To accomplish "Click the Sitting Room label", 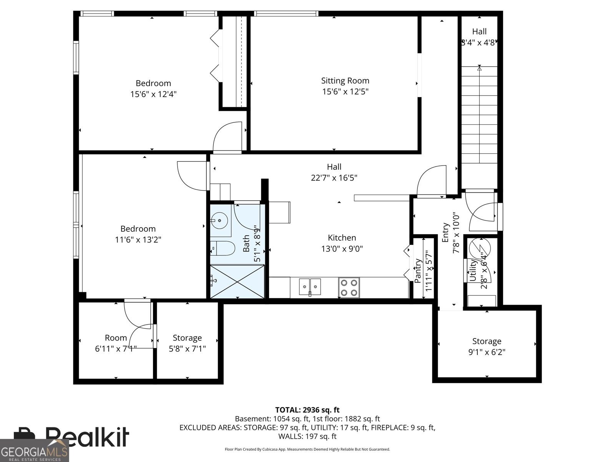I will (345, 81).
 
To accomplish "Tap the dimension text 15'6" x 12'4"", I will (153, 94).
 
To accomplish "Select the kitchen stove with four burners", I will (349, 288).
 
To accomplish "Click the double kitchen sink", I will (310, 286).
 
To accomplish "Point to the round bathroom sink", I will (219, 221).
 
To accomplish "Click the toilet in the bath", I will (223, 249).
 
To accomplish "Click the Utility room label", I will (473, 270).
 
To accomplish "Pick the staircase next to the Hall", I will (479, 115).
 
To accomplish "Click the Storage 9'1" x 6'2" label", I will (487, 341).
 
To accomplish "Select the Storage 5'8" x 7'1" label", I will (187, 338).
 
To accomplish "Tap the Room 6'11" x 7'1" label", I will (116, 338).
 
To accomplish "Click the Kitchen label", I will (342, 238).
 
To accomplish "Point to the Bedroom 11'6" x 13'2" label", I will (138, 229).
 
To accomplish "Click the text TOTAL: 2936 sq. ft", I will (307, 410).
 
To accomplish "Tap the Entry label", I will (445, 232).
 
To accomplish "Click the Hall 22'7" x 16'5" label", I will (334, 167).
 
